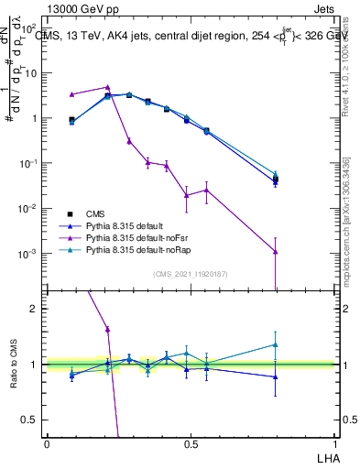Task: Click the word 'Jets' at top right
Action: pyautogui.click(x=322, y=8)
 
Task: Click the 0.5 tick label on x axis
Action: pyautogui.click(x=190, y=443)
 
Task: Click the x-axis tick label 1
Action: pyautogui.click(x=333, y=443)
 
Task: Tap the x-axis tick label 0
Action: pyautogui.click(x=47, y=443)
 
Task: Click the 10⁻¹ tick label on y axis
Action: pyautogui.click(x=29, y=163)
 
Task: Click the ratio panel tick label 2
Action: pyautogui.click(x=36, y=309)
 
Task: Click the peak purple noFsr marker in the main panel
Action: pyautogui.click(x=107, y=87)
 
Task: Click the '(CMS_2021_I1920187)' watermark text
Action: pyautogui.click(x=190, y=274)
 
